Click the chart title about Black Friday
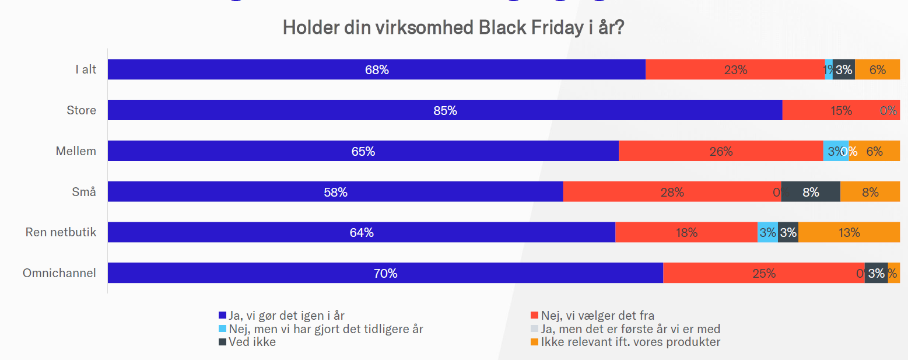453,27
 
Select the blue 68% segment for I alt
377,69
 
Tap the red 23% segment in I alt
735,69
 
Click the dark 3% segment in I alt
843,69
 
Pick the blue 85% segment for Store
445,110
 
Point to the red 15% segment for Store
841,110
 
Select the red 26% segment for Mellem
721,151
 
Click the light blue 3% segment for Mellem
835,151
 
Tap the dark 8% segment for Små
811,192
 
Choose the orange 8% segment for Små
870,192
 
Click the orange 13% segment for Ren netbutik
849,233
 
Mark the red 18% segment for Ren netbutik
686,233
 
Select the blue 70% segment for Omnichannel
385,273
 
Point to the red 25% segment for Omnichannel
763,273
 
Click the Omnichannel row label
59,273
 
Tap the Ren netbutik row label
61,233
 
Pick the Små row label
84,192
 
